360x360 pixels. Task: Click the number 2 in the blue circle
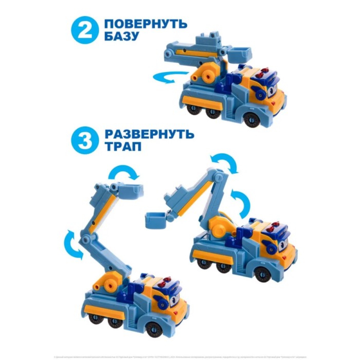coord(83,31)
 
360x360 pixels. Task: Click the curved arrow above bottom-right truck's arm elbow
coord(225,163)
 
